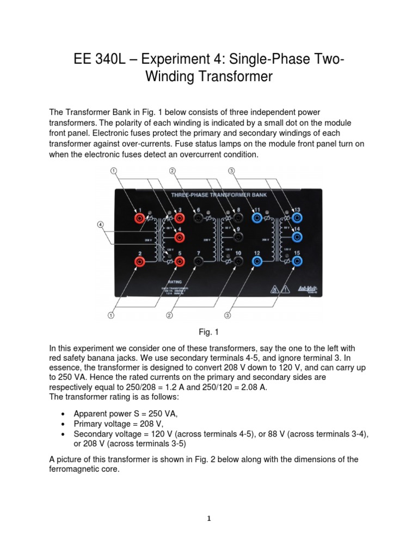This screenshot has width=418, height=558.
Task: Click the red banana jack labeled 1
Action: click(140, 218)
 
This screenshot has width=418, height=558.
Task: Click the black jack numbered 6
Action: click(198, 218)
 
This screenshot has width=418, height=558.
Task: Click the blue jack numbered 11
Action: click(256, 218)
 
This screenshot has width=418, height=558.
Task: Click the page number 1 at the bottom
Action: click(209, 518)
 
